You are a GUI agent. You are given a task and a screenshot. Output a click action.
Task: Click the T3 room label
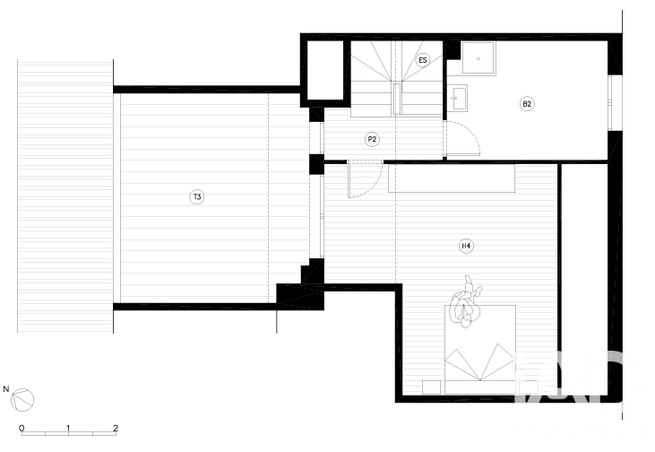(x=197, y=197)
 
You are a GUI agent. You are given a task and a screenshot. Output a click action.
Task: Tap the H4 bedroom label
(x=466, y=246)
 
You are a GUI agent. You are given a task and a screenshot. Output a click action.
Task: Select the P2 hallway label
(x=372, y=139)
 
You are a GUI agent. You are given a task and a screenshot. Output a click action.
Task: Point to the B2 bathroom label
(x=527, y=104)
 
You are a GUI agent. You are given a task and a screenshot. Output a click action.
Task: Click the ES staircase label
(x=423, y=60)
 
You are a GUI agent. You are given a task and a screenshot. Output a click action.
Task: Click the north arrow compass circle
(x=22, y=400)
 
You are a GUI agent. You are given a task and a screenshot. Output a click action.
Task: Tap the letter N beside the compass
(x=6, y=389)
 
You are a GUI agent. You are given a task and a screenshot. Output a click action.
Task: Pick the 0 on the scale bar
(x=22, y=428)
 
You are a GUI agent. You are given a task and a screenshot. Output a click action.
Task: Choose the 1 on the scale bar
(x=68, y=428)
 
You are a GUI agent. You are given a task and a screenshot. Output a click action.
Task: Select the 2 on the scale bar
(x=116, y=428)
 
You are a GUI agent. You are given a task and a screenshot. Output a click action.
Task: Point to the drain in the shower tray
(x=478, y=58)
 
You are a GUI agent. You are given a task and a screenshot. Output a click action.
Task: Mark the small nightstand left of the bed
(x=432, y=387)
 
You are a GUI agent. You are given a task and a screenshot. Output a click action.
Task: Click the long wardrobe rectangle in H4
(x=452, y=178)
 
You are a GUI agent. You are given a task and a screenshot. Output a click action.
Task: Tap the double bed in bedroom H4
(x=480, y=350)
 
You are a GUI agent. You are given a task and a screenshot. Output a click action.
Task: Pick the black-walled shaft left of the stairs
(x=325, y=70)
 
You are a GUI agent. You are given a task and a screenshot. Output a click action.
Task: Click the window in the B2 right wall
(x=611, y=103)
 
